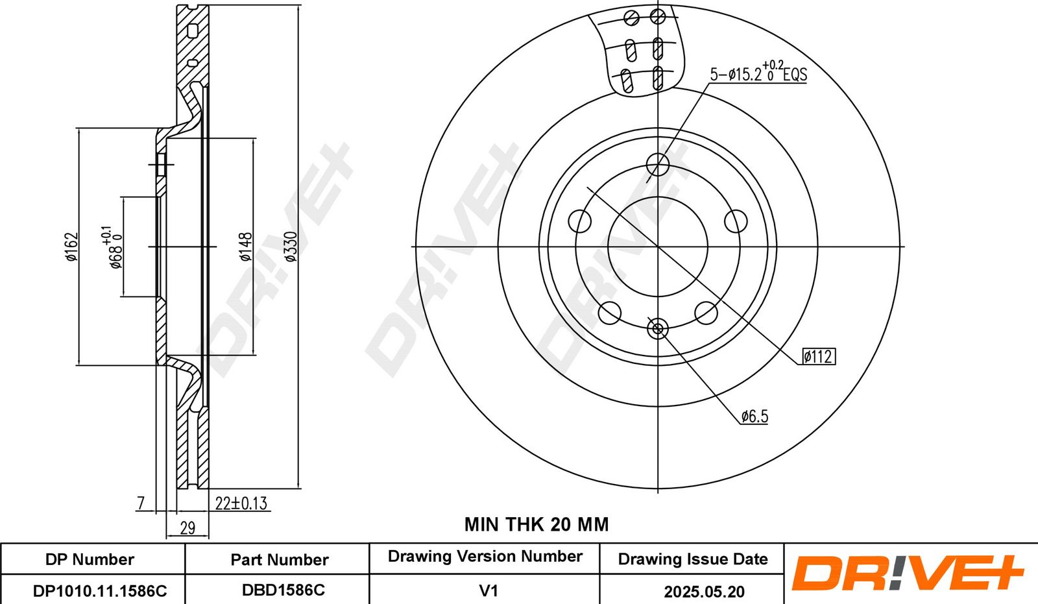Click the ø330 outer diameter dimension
(291, 247)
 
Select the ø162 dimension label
(71, 247)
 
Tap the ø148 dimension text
(245, 247)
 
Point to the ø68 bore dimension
(114, 248)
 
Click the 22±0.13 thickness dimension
(241, 503)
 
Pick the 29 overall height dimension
(187, 527)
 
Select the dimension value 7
(141, 503)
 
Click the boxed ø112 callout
(817, 356)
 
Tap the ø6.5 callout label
(754, 416)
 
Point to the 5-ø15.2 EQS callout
(758, 73)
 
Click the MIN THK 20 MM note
(537, 524)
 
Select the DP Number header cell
(90, 559)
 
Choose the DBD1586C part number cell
(283, 590)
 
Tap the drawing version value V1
(488, 590)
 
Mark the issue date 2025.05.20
(704, 591)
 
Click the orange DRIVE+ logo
(907, 574)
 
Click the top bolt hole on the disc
(658, 164)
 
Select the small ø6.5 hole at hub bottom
(658, 329)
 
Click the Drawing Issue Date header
(692, 559)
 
